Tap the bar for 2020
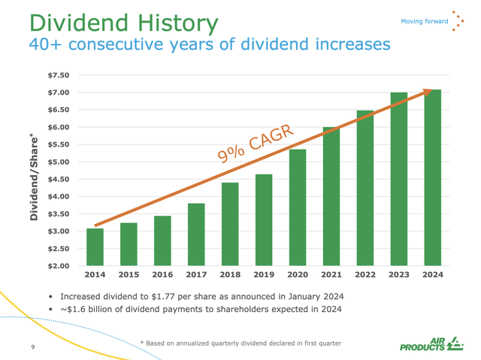pos(298,207)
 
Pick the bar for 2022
pos(365,187)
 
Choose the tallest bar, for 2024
pos(432,177)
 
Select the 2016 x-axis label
pos(162,275)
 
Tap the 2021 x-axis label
pos(331,275)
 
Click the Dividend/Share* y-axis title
pos(35,177)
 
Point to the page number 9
pos(33,346)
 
